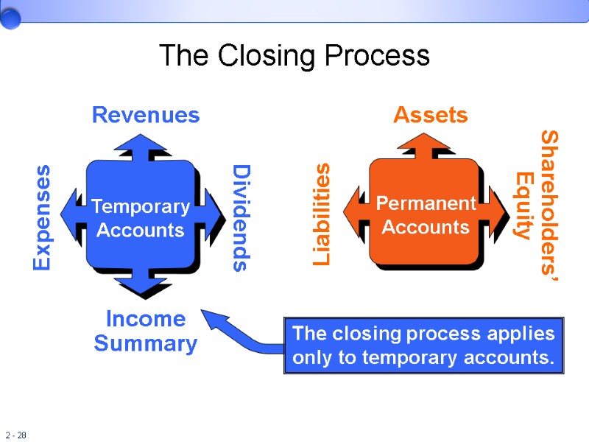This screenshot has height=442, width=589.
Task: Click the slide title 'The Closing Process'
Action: [x=294, y=56]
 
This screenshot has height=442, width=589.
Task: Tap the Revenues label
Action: [x=145, y=115]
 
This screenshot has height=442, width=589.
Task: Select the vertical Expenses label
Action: [x=43, y=217]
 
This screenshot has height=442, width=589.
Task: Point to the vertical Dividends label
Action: [x=241, y=218]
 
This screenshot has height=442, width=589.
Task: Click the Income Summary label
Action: [x=146, y=331]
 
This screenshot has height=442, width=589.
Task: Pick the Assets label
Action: [x=430, y=115]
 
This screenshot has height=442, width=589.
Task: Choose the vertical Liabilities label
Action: [x=322, y=214]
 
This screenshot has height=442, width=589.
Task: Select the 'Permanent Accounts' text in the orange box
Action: [x=426, y=215]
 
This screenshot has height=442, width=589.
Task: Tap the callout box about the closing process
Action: [x=423, y=346]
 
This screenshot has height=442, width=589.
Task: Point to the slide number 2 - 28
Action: [x=15, y=435]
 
